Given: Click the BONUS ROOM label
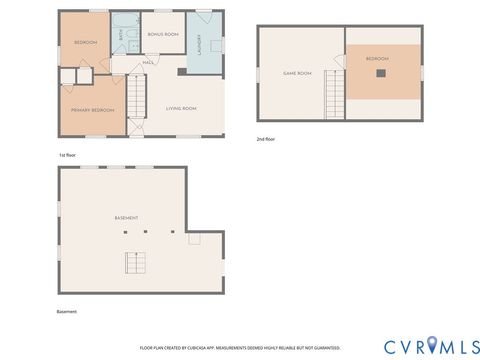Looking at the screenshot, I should pos(162,34).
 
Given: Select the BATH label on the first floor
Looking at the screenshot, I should pos(121,34).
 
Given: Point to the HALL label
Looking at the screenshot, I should pos(147,63).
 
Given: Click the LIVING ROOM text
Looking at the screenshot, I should pos(181,108).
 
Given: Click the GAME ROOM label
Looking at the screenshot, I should pos(298,73).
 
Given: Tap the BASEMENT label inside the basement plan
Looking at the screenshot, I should pos(126,218).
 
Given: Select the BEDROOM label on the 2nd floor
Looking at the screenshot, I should pos(376,59).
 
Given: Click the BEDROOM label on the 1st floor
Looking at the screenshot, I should pos(86,42).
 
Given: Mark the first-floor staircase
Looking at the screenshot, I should pos(137,97).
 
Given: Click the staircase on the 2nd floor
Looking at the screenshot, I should pos(334,97).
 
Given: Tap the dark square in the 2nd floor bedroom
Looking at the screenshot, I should pos(377,73).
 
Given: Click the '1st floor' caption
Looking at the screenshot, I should pos(68,155).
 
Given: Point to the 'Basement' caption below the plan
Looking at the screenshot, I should pos(67,311).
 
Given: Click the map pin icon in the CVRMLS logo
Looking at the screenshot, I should pos(432,345).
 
